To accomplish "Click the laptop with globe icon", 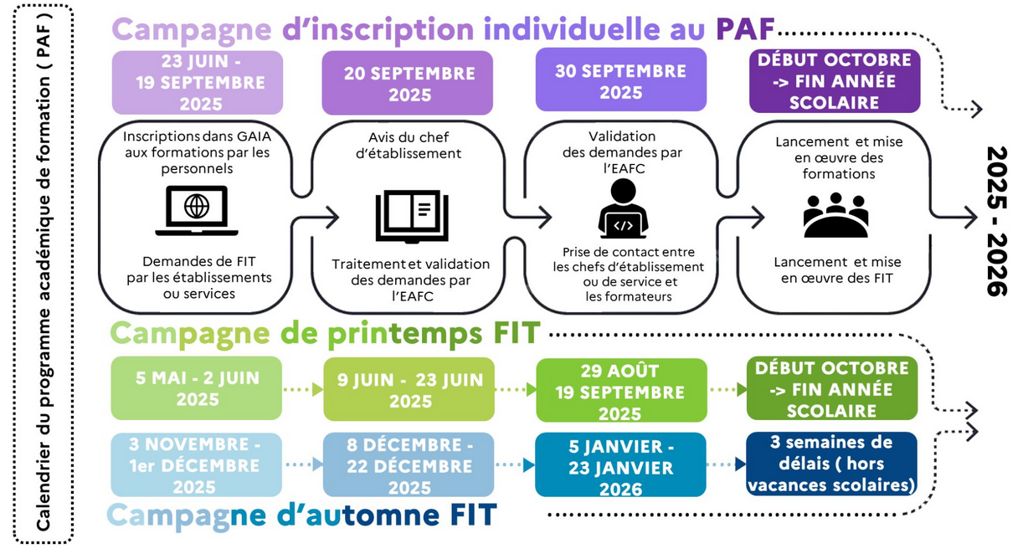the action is (x=197, y=211).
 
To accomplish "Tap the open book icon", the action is (x=412, y=216).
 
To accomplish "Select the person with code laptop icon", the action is (x=623, y=208).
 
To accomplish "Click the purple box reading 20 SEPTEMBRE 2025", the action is (x=408, y=83).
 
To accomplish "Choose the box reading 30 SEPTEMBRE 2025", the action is (x=621, y=80).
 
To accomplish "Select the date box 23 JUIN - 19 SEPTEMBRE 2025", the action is (x=198, y=83).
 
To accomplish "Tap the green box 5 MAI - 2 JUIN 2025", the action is (x=197, y=388).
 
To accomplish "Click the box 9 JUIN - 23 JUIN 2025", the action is (x=409, y=389).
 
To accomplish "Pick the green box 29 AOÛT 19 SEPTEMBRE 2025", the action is (x=621, y=390).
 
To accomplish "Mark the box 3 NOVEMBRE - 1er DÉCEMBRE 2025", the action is (x=197, y=465).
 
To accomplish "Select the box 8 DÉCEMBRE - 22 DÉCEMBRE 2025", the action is (x=409, y=465).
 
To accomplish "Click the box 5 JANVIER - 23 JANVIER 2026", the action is (x=620, y=465).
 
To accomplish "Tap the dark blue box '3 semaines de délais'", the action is (x=831, y=464).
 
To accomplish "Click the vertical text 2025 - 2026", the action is (x=997, y=221).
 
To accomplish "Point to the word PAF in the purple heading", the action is (x=745, y=29).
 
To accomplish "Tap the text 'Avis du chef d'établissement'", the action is (x=409, y=146).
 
